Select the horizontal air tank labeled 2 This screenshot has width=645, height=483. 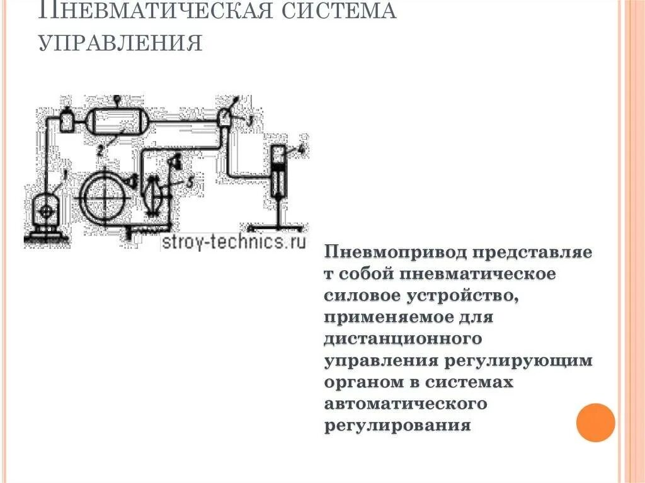tap(117, 120)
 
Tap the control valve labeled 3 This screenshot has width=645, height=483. tap(224, 118)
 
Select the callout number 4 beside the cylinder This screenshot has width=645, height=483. tap(301, 149)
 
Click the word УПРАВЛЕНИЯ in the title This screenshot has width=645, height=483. tap(120, 42)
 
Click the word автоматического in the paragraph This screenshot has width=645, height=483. tap(406, 403)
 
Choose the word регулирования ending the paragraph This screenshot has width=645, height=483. tap(398, 424)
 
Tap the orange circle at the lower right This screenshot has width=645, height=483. tap(595, 423)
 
